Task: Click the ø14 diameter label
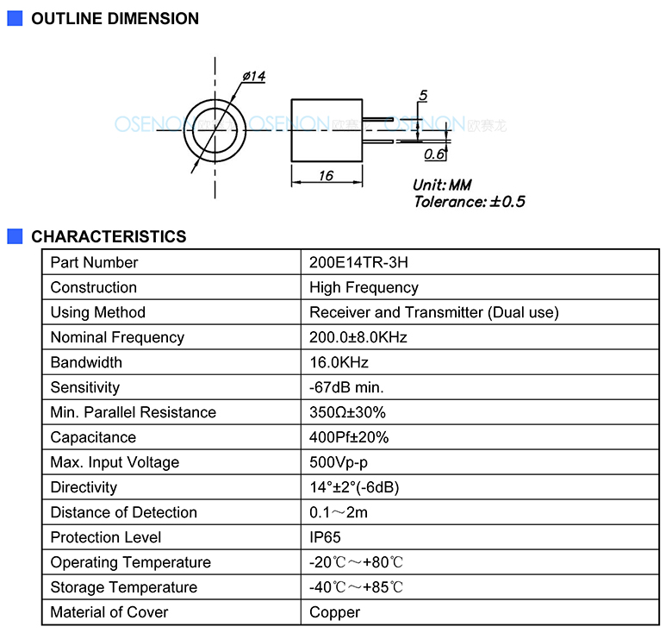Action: [x=254, y=77]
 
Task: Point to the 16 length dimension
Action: [x=327, y=175]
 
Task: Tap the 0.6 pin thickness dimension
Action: [x=434, y=154]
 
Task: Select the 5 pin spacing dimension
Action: [x=423, y=95]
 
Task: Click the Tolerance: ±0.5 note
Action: [x=470, y=202]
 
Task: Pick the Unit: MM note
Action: [x=442, y=185]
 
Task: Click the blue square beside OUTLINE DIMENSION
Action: [x=15, y=18]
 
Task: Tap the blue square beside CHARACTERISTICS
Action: [x=15, y=236]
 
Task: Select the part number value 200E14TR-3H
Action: [x=358, y=262]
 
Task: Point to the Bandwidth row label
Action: [x=86, y=362]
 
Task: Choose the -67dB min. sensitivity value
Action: [x=346, y=387]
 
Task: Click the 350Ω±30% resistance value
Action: [x=347, y=412]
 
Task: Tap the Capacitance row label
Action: [x=93, y=437]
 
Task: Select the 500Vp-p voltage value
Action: [x=339, y=462]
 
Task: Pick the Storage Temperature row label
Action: [x=124, y=587]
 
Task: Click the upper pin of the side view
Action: [x=377, y=119]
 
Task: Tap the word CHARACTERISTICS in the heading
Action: [x=109, y=236]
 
